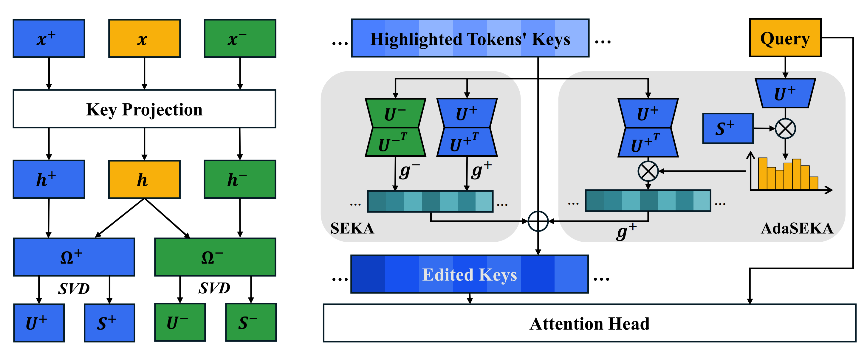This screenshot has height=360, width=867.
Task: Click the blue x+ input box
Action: pos(49,38)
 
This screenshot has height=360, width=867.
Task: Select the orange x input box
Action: pos(144,38)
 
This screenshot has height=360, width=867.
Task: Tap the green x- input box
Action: pos(240,38)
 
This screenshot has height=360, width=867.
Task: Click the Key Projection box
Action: pos(144,109)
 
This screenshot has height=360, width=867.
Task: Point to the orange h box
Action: pos(144,179)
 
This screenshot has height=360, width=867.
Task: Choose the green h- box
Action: pos(240,179)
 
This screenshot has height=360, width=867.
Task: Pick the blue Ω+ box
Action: pos(74,257)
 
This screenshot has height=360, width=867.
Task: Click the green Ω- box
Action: pos(215,257)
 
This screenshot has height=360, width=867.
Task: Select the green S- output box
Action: pos(251,322)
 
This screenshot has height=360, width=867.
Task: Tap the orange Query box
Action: pos(785,38)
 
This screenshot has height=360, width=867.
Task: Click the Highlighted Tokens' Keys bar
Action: pos(470,38)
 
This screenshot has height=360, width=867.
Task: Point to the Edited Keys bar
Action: pos(470,274)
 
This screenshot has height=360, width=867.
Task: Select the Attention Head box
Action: pos(589,323)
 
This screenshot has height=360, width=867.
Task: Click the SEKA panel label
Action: pos(352,229)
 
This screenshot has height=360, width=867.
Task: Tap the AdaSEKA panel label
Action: pos(797,229)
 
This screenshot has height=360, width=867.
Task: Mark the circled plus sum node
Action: pos(538,221)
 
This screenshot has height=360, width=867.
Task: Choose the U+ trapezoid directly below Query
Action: pos(785,93)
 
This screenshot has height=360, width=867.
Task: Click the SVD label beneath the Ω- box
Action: pos(214,288)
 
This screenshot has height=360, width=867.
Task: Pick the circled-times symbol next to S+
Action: pos(785,128)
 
